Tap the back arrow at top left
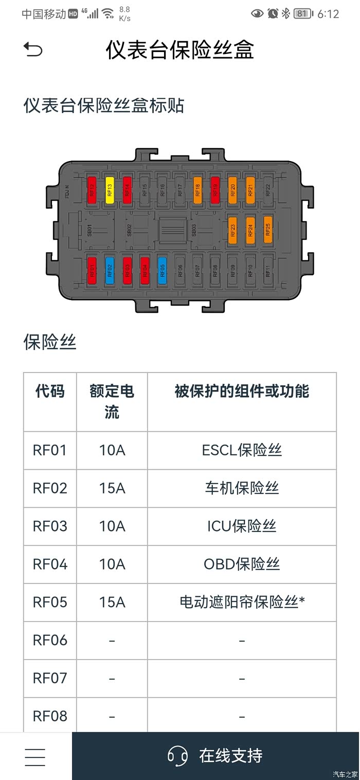click(x=33, y=50)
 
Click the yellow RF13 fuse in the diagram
click(x=109, y=190)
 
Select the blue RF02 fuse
click(x=109, y=271)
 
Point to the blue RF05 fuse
click(x=162, y=271)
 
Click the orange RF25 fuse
click(x=267, y=229)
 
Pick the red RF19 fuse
click(x=215, y=190)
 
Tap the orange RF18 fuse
click(x=197, y=190)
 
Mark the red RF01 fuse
click(x=92, y=271)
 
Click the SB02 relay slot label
click(x=130, y=230)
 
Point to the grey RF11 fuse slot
click(x=267, y=271)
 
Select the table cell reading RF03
click(x=50, y=526)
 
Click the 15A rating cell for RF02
click(x=112, y=488)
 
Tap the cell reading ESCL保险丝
click(x=242, y=450)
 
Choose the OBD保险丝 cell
click(x=242, y=564)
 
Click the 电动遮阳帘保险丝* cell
click(x=242, y=602)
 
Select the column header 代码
click(x=50, y=392)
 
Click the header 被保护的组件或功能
click(x=242, y=392)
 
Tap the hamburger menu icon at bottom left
click(x=35, y=756)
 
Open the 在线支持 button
click(x=215, y=756)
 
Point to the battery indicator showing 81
click(x=302, y=14)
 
